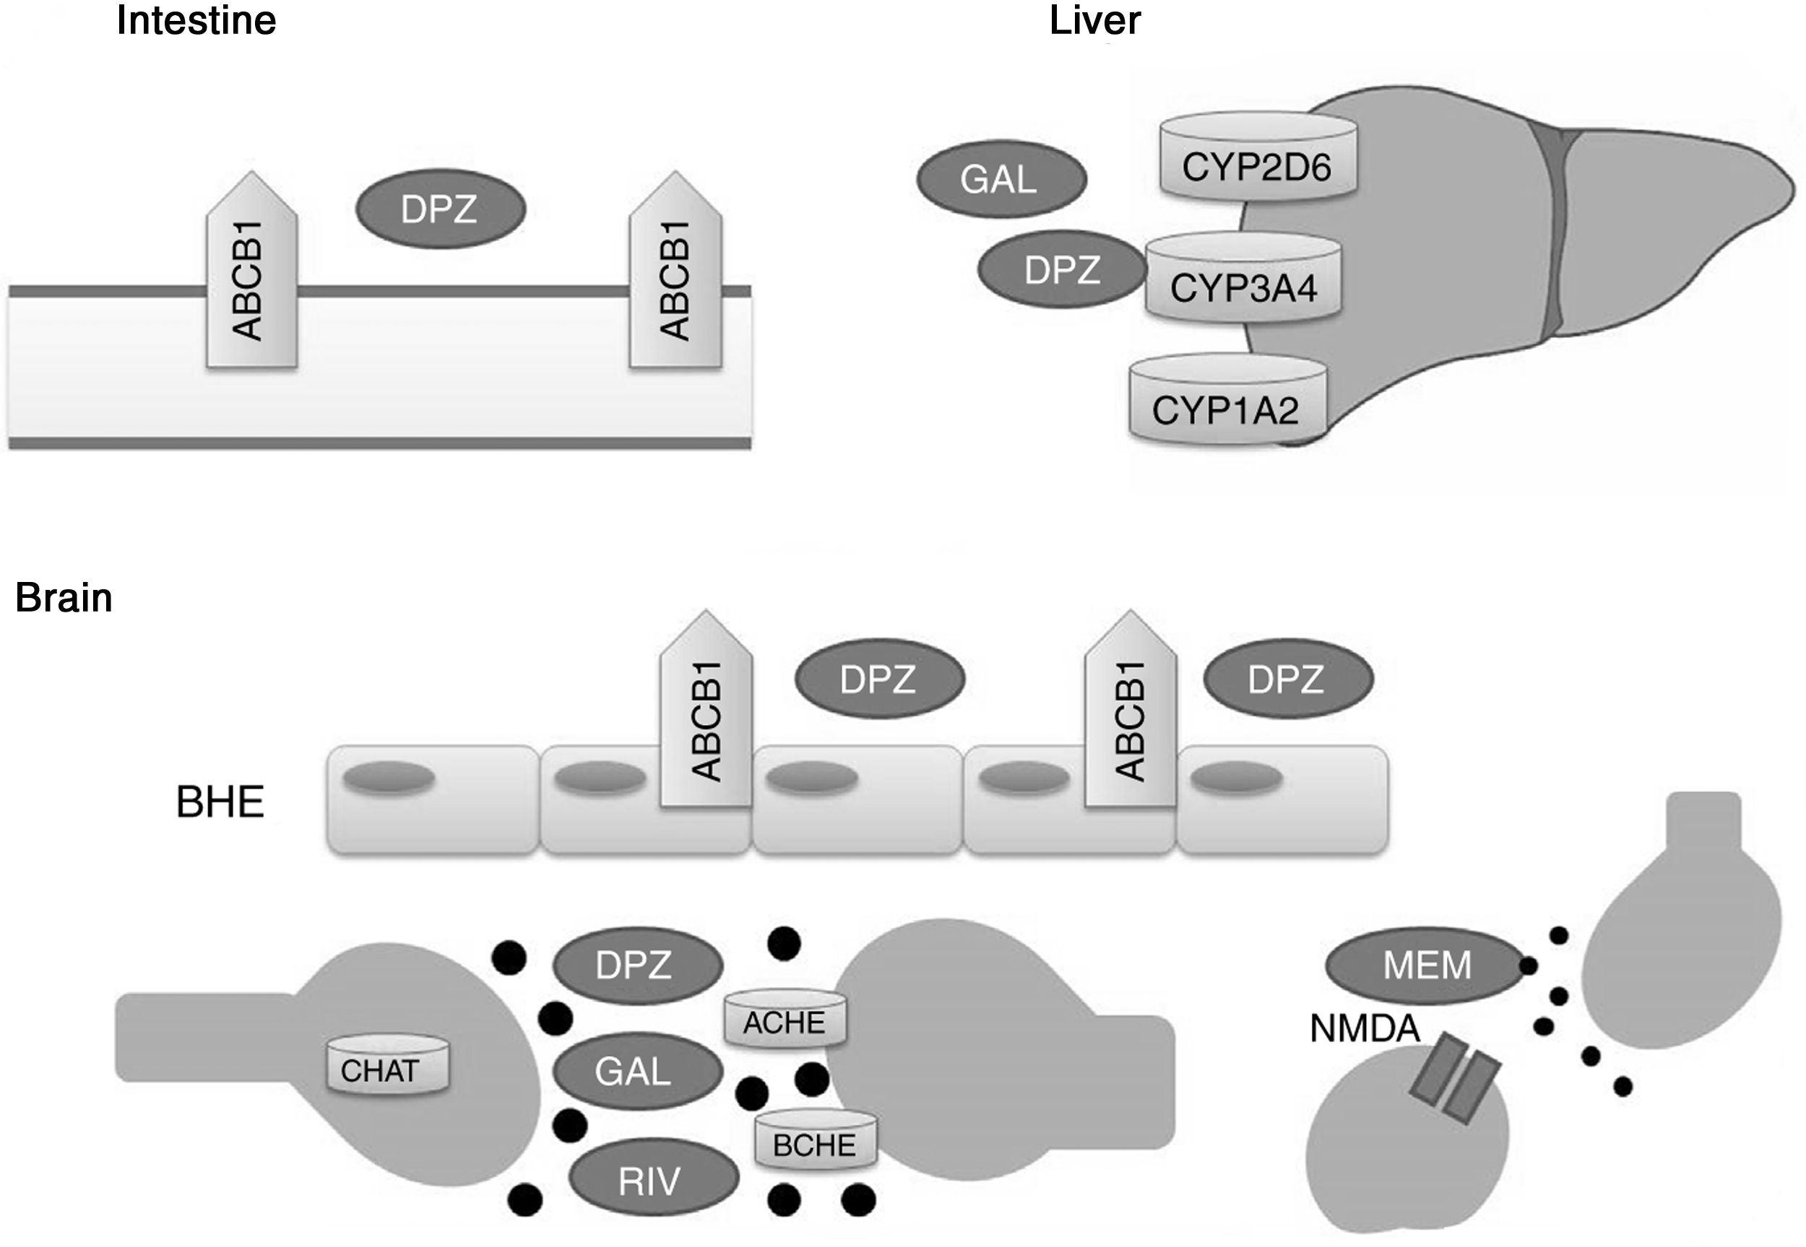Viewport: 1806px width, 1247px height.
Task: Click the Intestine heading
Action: coord(196,20)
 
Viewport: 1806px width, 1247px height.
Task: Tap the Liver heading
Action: coord(1095,20)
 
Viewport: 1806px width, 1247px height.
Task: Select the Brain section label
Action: coord(64,598)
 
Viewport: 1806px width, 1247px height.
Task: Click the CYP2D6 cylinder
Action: coord(1258,156)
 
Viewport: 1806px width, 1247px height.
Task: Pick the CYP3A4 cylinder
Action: coord(1243,277)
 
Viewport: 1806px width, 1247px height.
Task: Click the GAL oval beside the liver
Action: coord(1001,180)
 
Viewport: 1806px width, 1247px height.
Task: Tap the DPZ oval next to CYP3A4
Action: coord(1062,269)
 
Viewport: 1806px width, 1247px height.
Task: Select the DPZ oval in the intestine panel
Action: coord(441,209)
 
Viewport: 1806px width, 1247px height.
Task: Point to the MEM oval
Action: coord(1426,965)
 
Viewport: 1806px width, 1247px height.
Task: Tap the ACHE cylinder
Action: coord(785,1017)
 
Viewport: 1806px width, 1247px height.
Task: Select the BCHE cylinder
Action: coord(815,1140)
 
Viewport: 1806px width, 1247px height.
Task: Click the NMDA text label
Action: coord(1365,1029)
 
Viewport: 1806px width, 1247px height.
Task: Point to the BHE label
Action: coord(220,801)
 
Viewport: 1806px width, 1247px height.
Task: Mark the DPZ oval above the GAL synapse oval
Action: coord(638,965)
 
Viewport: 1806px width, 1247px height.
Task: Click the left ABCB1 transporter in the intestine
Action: coord(251,269)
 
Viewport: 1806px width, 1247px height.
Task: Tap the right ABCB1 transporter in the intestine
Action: coord(676,269)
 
